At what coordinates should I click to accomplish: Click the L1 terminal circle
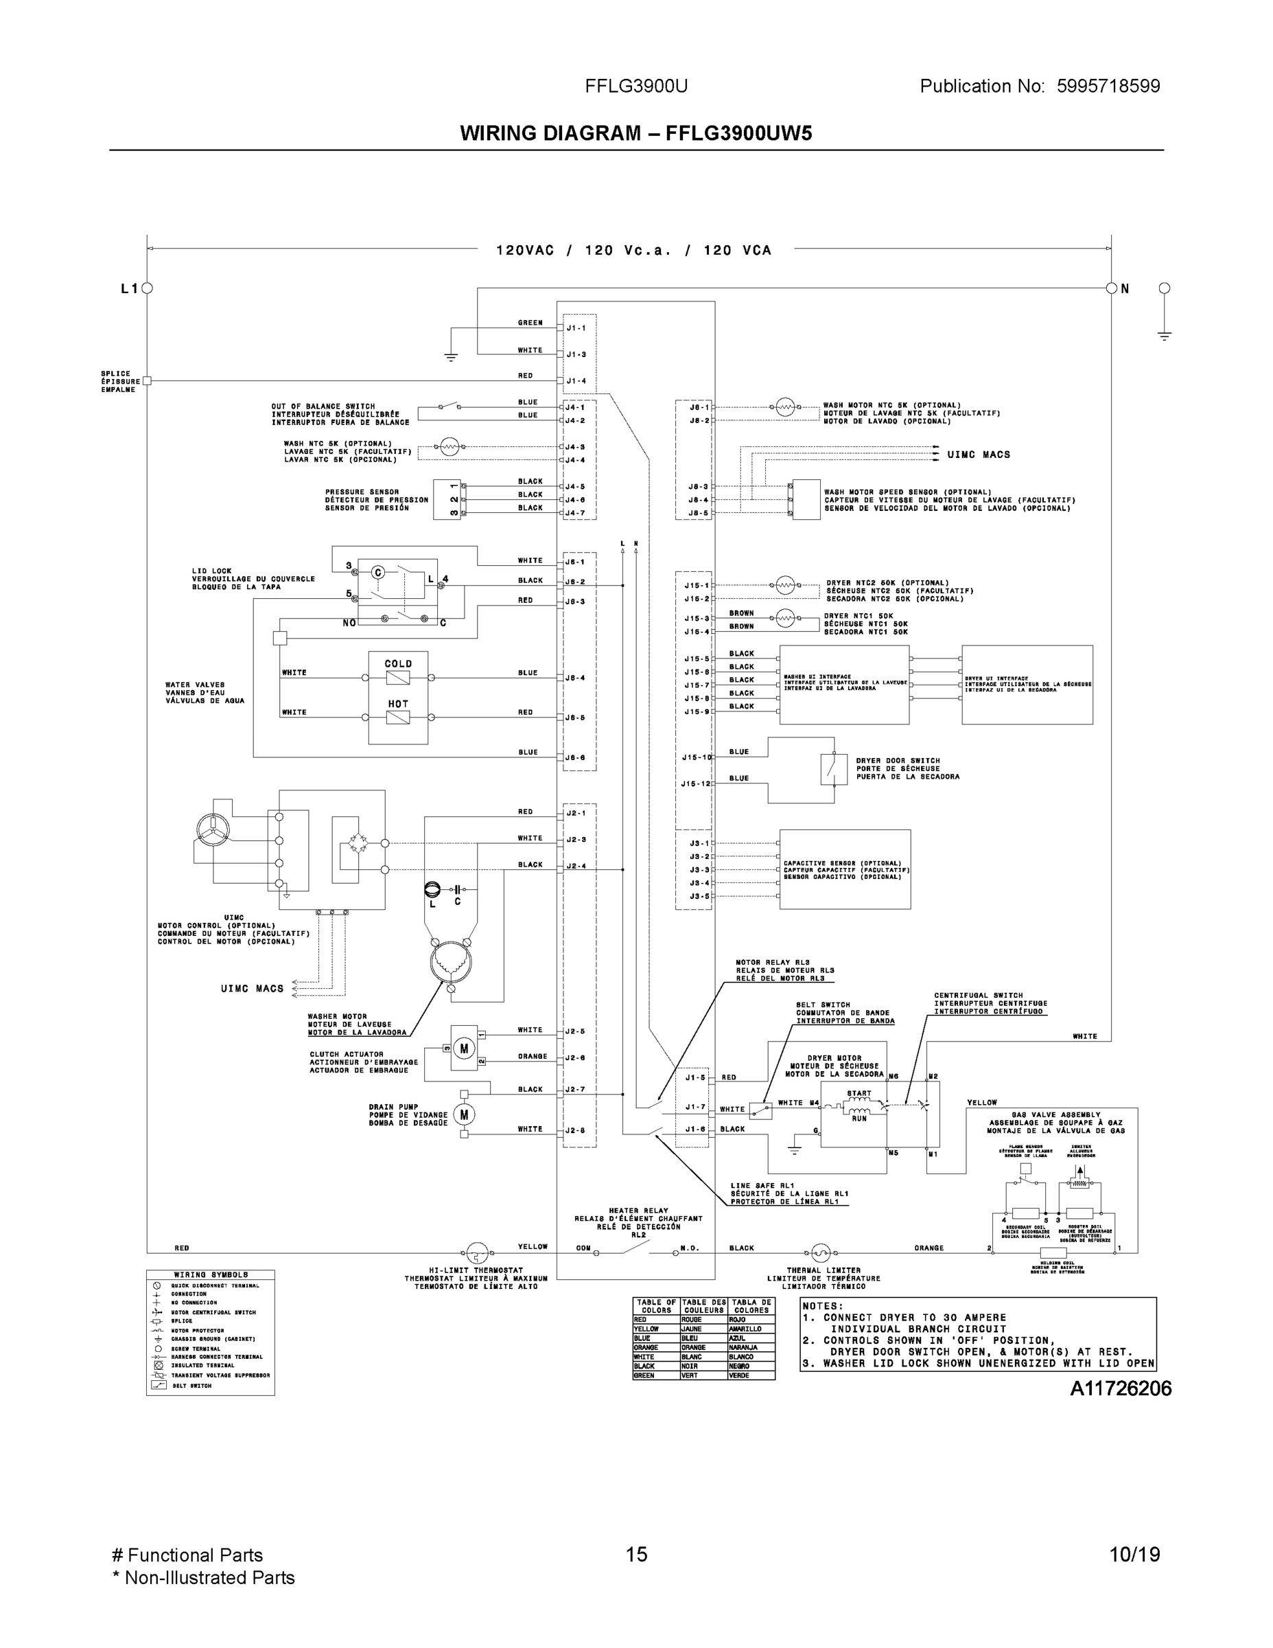[x=148, y=288]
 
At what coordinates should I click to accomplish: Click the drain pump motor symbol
[x=464, y=1114]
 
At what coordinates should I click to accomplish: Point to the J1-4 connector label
[x=576, y=381]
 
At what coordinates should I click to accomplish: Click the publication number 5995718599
[x=1108, y=86]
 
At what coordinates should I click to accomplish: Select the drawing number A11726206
[x=1121, y=1388]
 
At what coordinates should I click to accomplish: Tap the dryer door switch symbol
[x=833, y=769]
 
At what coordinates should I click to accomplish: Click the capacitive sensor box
[x=845, y=869]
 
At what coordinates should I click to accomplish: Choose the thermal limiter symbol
[x=820, y=1253]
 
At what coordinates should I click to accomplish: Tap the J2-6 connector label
[x=576, y=1058]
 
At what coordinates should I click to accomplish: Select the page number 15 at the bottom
[x=637, y=1555]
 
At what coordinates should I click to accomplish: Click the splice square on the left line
[x=147, y=381]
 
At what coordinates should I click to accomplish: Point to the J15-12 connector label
[x=695, y=784]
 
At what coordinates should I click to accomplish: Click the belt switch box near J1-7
[x=760, y=1110]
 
